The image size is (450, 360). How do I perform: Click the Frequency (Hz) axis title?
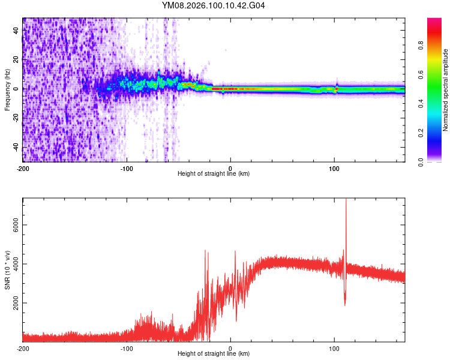click(7, 90)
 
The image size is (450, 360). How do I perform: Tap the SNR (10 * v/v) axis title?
click(7, 270)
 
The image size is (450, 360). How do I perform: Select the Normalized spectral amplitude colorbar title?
click(446, 90)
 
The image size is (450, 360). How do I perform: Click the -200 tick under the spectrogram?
click(23, 168)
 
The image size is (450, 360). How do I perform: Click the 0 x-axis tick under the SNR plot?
click(231, 348)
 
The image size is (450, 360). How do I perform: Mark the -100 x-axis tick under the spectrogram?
click(127, 168)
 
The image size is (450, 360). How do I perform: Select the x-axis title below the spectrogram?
click(214, 174)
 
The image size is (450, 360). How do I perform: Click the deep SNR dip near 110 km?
click(345, 304)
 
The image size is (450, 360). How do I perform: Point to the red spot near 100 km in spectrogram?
click(337, 89)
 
